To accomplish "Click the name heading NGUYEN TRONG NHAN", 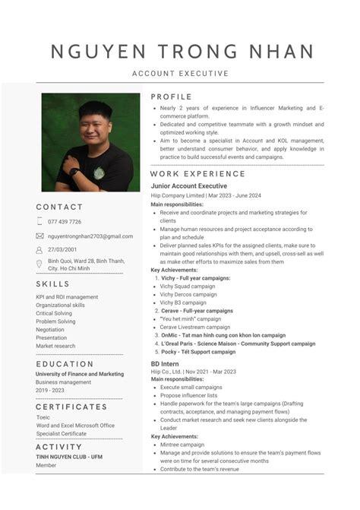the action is (x=182, y=52).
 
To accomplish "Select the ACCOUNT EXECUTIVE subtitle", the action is (x=180, y=74).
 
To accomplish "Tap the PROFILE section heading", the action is (x=171, y=97).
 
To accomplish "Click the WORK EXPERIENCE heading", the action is (x=197, y=174).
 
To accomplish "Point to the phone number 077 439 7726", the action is (x=65, y=222).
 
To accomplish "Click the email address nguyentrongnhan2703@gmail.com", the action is (x=90, y=236).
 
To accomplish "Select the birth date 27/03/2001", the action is (x=62, y=249).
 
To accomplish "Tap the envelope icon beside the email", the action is (x=39, y=236).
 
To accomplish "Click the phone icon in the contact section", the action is (x=39, y=222).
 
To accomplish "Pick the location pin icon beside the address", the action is (x=39, y=264).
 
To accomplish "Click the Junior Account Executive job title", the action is (x=188, y=186).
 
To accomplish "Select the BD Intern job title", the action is (x=165, y=365).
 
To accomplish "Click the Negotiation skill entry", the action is (x=50, y=330).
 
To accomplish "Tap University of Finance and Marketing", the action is (x=79, y=374).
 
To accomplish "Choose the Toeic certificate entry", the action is (x=43, y=417).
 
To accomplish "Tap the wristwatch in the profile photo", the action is (x=74, y=171).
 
